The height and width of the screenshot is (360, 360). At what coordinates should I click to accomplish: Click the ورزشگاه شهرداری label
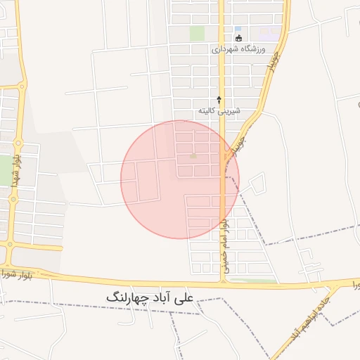pyautogui.click(x=238, y=50)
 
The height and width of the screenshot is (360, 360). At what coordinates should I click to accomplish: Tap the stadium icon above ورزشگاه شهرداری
pyautogui.click(x=238, y=38)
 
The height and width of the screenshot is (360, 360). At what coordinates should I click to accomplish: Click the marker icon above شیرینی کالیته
pyautogui.click(x=219, y=99)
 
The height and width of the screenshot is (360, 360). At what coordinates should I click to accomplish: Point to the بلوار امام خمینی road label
pyautogui.click(x=224, y=245)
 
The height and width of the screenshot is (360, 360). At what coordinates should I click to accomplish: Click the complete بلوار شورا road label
pyautogui.click(x=19, y=271)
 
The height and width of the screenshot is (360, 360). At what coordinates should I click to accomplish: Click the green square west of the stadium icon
pyautogui.click(x=198, y=33)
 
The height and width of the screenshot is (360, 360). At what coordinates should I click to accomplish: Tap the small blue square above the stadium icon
pyautogui.click(x=238, y=29)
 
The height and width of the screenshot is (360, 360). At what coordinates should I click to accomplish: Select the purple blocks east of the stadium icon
pyautogui.click(x=269, y=32)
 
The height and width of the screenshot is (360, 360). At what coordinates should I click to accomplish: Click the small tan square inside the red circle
pyautogui.click(x=194, y=156)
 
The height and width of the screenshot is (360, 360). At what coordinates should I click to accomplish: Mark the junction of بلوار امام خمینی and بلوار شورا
pyautogui.click(x=224, y=280)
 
